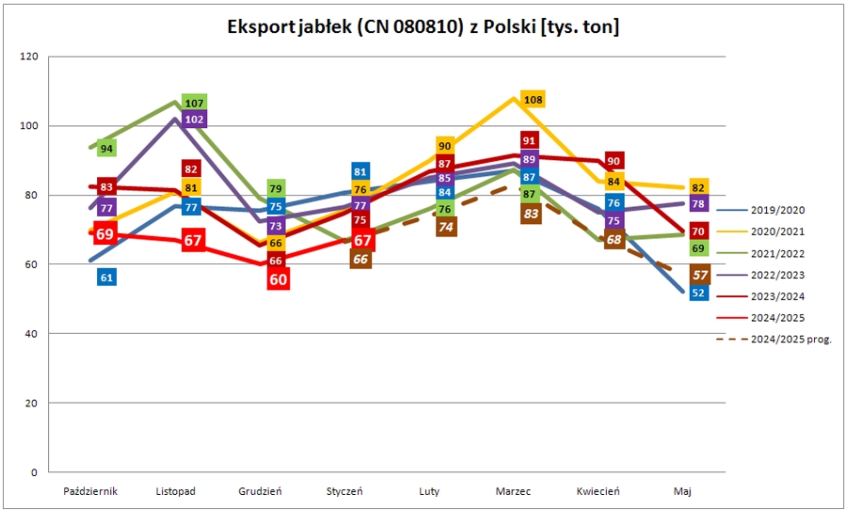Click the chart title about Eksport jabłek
423,26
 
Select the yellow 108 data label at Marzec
533,100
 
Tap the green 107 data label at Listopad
195,103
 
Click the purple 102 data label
195,120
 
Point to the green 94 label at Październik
106,149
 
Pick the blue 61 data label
106,277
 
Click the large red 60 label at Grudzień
278,279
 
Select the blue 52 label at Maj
698,293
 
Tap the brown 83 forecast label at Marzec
532,214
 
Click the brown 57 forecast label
699,275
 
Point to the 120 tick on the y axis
28,56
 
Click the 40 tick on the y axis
31,334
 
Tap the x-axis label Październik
90,491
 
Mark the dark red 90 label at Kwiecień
615,161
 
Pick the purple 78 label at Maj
698,203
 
